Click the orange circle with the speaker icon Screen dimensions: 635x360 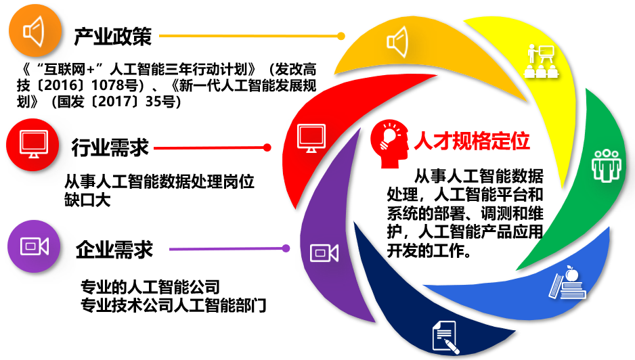(35, 30)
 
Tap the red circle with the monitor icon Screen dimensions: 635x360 (32, 145)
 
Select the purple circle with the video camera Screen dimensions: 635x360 (34, 246)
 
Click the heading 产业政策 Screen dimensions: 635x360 (112, 37)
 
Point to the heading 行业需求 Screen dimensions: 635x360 (110, 148)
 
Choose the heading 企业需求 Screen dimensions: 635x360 (114, 250)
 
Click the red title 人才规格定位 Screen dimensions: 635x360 (472, 141)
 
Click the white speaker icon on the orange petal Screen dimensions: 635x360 (397, 42)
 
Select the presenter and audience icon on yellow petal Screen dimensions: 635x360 (541, 61)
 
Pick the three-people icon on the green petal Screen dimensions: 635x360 (607, 165)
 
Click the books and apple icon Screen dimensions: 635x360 (568, 283)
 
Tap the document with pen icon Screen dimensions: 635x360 (445, 337)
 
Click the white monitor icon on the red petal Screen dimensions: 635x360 (311, 138)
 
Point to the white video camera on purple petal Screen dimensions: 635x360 (324, 253)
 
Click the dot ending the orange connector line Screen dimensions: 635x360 (341, 36)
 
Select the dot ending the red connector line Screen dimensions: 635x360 (267, 148)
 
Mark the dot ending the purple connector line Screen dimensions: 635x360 (286, 248)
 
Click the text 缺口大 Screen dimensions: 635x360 (87, 200)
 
